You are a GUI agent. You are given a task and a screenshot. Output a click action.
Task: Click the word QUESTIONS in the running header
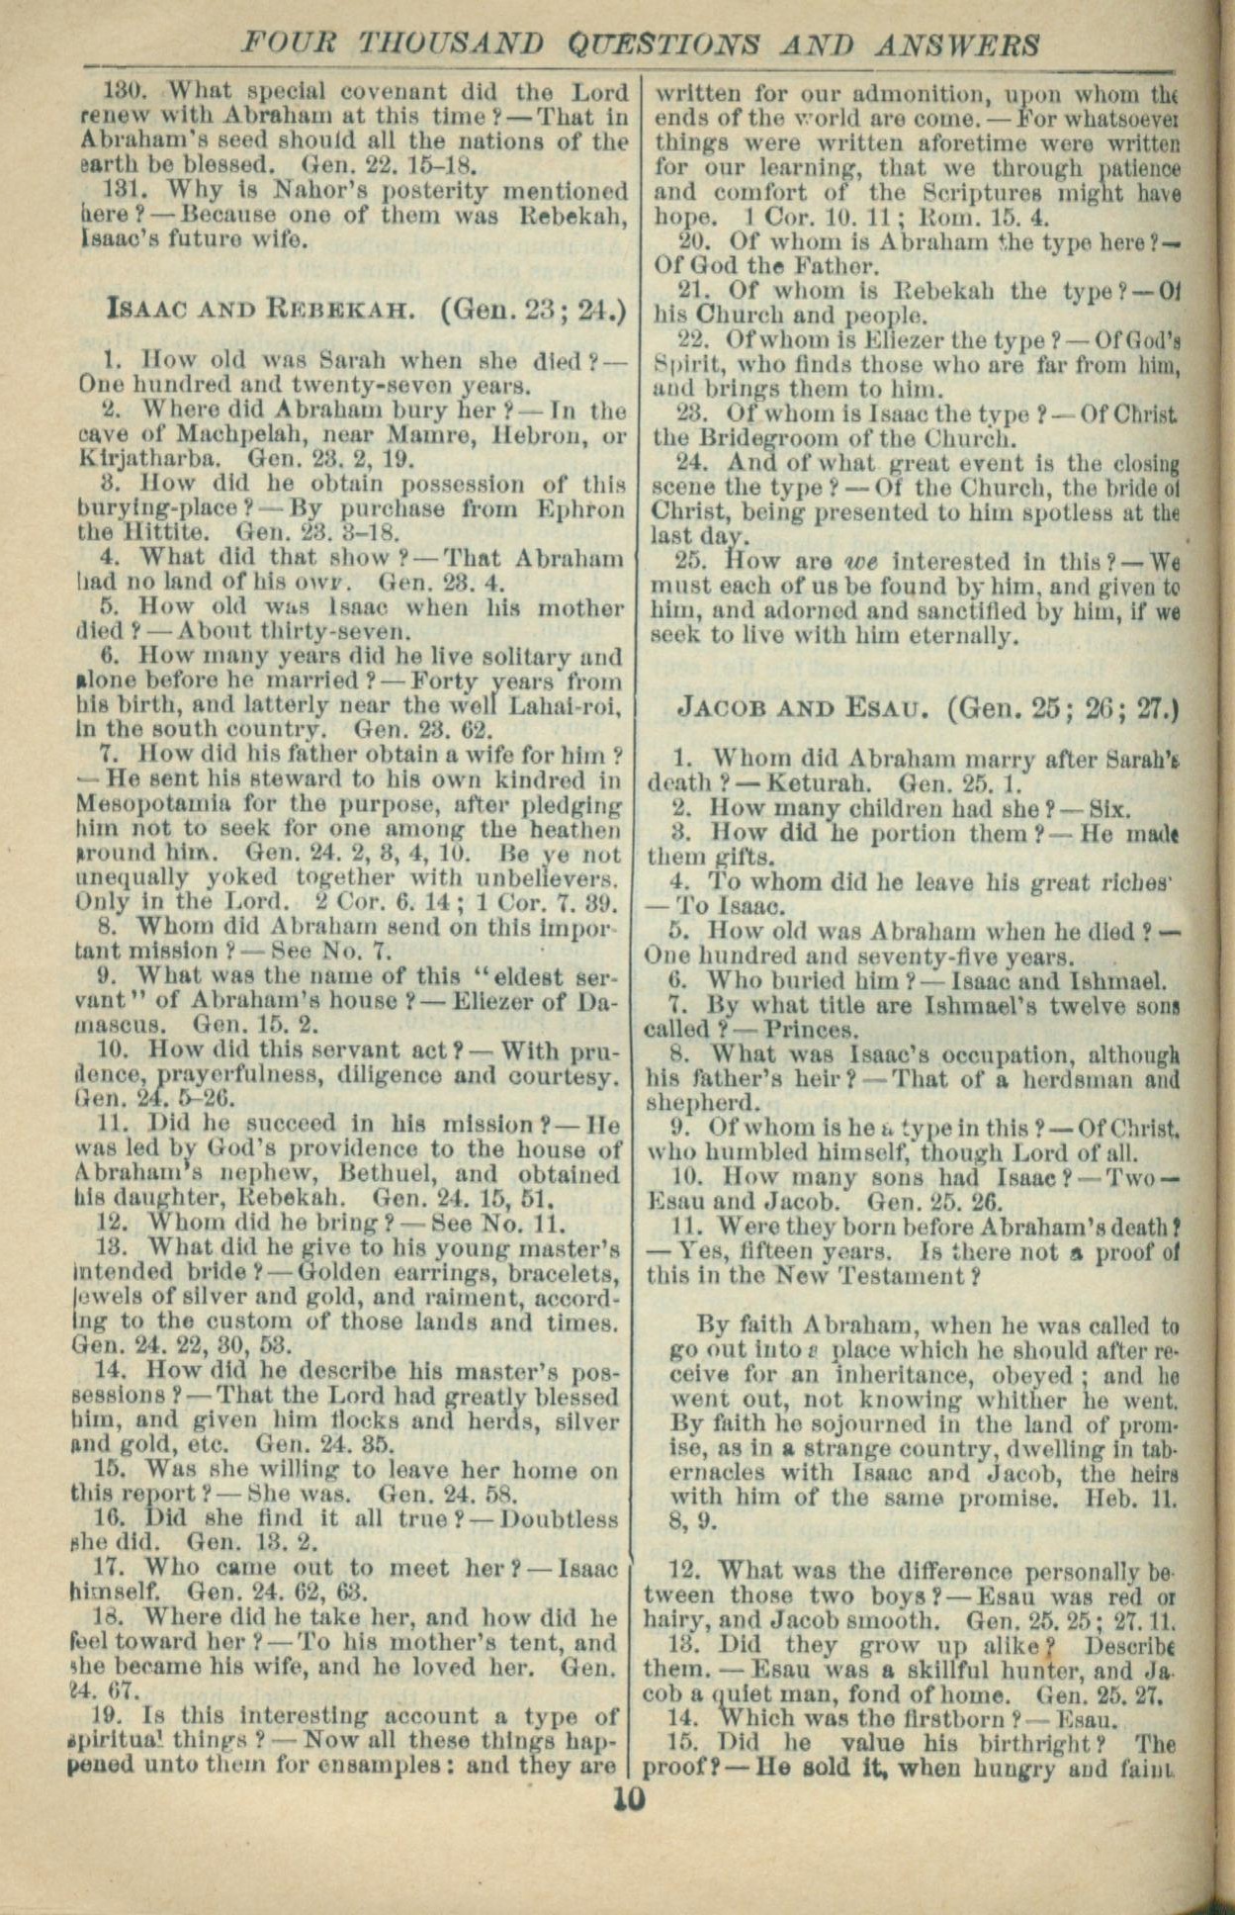pos(675,44)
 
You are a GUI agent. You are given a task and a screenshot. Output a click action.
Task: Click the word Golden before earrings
pos(340,1272)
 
